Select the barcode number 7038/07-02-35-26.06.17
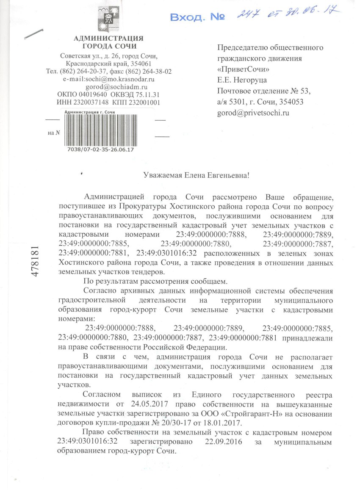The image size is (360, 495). (101, 149)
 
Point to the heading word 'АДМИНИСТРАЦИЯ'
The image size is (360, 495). (108, 39)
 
